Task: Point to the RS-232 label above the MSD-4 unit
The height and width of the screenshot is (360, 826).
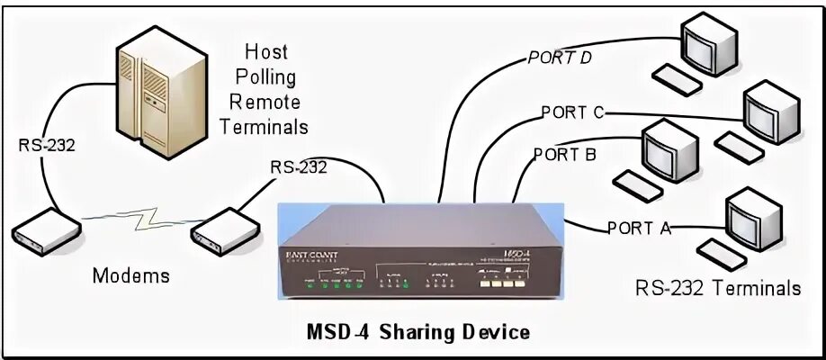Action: coord(299,166)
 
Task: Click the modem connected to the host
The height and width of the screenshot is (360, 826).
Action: coord(45,231)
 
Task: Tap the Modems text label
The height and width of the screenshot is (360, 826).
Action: coord(131,275)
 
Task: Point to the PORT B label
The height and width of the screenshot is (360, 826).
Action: coord(564,154)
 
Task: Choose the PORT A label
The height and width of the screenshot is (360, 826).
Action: coord(640,227)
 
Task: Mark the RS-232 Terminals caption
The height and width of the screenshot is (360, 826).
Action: coord(717,288)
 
